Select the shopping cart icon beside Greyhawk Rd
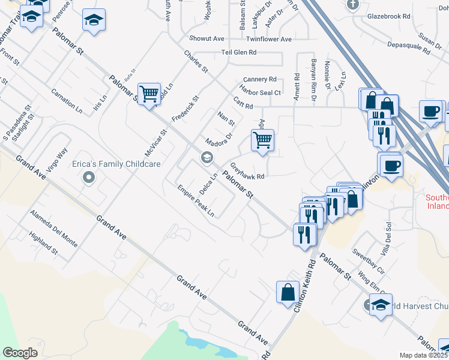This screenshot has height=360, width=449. [262, 140]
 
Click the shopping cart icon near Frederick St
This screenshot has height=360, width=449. [149, 94]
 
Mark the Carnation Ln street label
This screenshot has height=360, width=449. [67, 103]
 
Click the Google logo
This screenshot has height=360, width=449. [20, 352]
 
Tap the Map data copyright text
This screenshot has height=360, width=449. [423, 355]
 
